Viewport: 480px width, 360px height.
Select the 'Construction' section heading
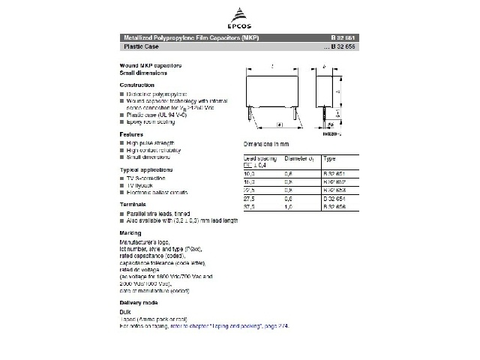tap(136, 85)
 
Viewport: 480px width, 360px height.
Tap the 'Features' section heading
tap(131, 134)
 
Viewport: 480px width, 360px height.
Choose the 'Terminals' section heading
tap(133, 204)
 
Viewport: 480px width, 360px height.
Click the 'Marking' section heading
tap(130, 233)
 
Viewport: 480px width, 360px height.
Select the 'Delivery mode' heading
tap(138, 302)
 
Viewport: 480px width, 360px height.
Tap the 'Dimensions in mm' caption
tap(266, 143)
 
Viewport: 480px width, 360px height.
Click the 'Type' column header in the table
tap(329, 159)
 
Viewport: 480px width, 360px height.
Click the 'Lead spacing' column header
tap(259, 159)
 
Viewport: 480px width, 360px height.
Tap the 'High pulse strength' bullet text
tap(150, 142)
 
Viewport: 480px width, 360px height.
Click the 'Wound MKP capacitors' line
tap(146, 66)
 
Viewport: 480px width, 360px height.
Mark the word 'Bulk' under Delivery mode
tap(125, 311)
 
